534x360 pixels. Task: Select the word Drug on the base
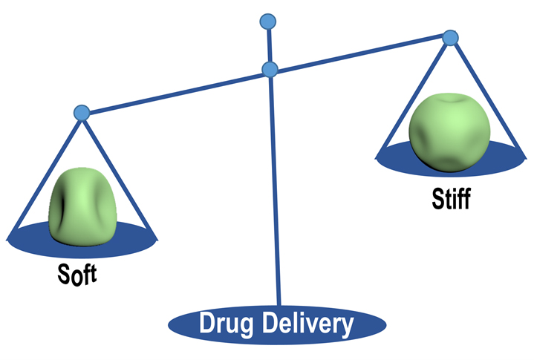(x=226, y=324)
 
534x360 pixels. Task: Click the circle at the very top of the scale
(x=267, y=22)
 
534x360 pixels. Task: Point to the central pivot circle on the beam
(x=270, y=71)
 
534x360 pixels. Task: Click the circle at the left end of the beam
(x=82, y=113)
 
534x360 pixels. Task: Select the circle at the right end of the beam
(x=449, y=37)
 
